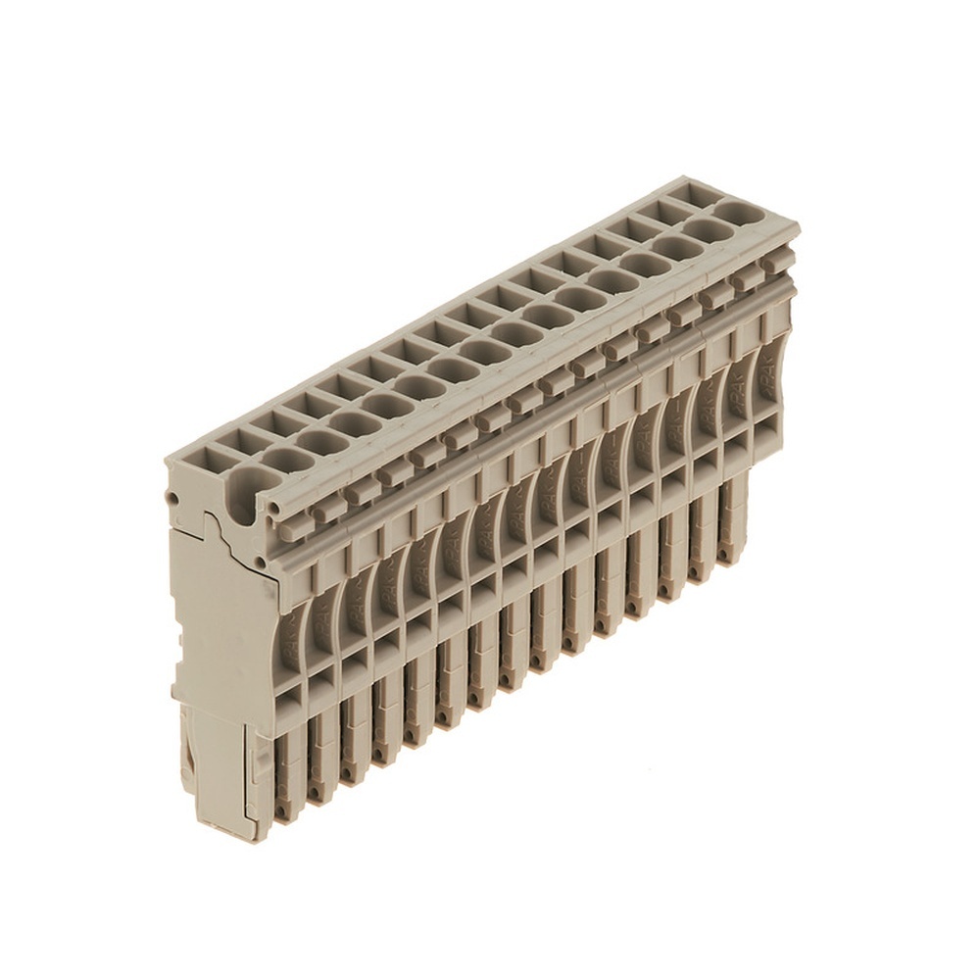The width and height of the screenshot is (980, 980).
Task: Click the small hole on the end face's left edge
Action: (173, 499)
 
